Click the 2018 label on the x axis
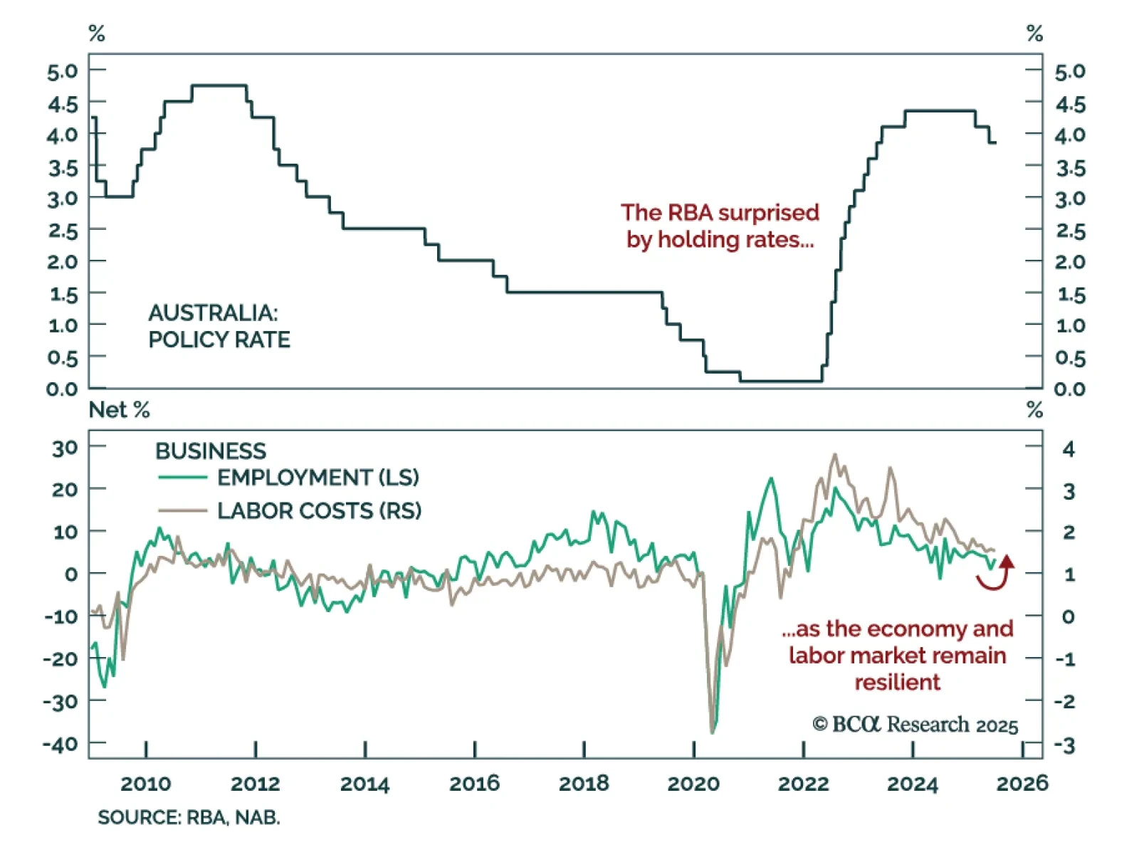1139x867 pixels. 584,784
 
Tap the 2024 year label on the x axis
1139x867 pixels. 913,784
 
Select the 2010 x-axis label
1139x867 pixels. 146,784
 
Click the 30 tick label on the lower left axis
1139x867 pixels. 65,448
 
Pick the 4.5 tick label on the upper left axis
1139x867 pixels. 63,104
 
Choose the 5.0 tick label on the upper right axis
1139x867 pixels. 1070,71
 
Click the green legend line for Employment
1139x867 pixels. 182,478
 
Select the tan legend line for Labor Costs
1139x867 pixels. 182,510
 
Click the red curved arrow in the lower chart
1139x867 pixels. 997,575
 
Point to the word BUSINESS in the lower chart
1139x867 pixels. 211,451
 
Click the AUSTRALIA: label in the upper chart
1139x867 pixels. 213,312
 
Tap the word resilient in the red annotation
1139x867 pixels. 897,682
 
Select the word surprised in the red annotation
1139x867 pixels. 769,213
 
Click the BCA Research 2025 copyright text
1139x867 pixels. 915,725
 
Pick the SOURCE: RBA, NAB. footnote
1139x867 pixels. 189,817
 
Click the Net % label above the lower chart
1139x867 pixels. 119,410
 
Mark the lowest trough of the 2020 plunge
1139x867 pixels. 713,732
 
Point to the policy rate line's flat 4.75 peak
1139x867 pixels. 219,85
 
